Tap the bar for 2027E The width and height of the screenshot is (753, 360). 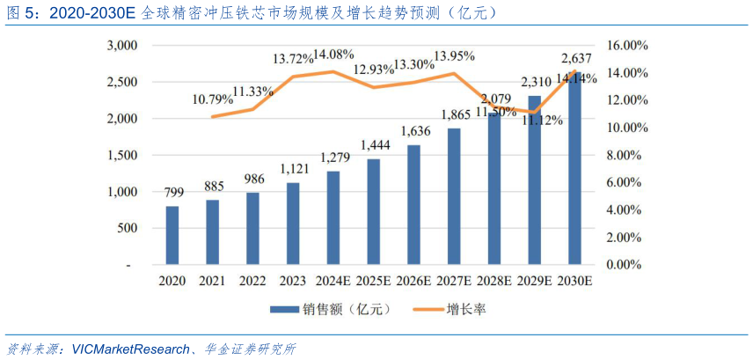point(454,196)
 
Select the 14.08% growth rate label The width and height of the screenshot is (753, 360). point(333,54)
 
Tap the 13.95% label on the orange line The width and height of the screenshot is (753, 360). point(453,55)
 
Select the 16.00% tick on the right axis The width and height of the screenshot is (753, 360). point(628,45)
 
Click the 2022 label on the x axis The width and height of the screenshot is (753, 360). point(253,281)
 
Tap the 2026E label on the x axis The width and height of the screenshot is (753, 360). point(413,281)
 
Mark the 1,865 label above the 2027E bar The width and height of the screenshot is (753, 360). point(454,114)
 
